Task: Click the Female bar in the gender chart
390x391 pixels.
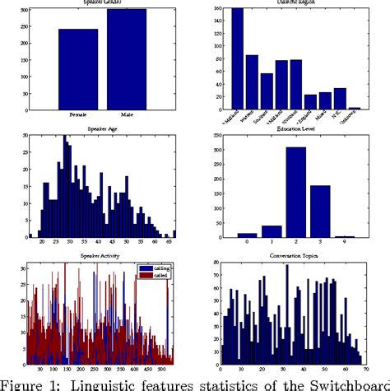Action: pos(77,69)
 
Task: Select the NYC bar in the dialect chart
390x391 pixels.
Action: pos(340,99)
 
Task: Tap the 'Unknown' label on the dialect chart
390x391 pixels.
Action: pos(353,118)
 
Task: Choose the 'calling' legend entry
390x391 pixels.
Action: pos(157,268)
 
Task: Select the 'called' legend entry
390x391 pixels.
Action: pos(157,275)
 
